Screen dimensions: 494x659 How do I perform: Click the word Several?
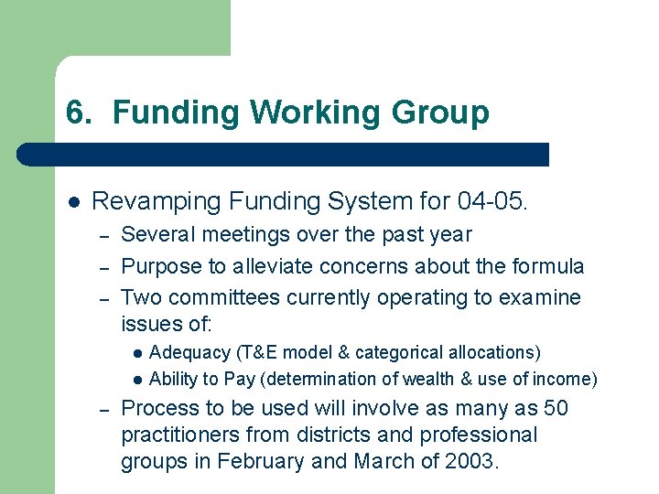tap(157, 234)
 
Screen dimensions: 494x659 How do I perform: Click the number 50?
tap(555, 408)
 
